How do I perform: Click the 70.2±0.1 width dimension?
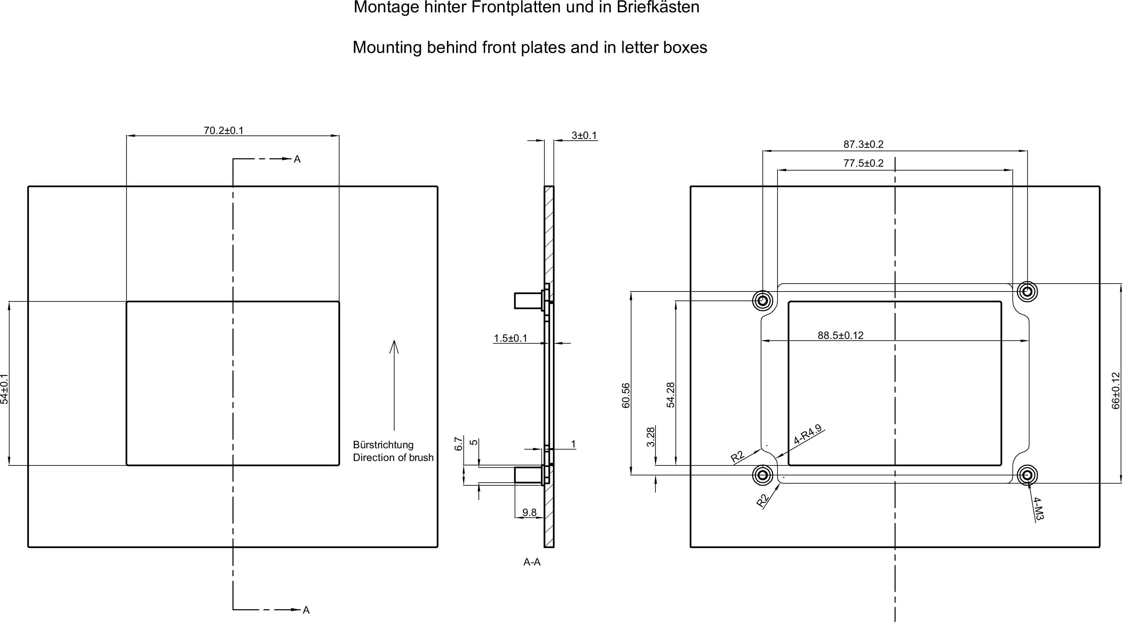pyautogui.click(x=223, y=130)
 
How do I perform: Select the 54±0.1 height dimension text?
pyautogui.click(x=4, y=389)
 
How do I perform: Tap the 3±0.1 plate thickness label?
pyautogui.click(x=584, y=135)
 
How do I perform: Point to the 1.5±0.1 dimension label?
pyautogui.click(x=510, y=338)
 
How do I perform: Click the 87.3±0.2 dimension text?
pyautogui.click(x=863, y=144)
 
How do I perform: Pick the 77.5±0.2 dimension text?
pyautogui.click(x=863, y=164)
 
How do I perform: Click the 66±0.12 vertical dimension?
pyautogui.click(x=1116, y=390)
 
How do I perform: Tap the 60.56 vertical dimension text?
pyautogui.click(x=626, y=395)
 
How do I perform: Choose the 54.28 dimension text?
pyautogui.click(x=671, y=395)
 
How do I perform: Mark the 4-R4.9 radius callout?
pyautogui.click(x=808, y=434)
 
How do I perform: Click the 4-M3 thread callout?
pyautogui.click(x=1038, y=509)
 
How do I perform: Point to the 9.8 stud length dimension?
pyautogui.click(x=529, y=512)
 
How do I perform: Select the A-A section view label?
pyautogui.click(x=532, y=562)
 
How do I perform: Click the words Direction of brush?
pyautogui.click(x=393, y=458)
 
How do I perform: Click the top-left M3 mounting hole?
pyautogui.click(x=763, y=300)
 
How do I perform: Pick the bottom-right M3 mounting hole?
pyautogui.click(x=1027, y=475)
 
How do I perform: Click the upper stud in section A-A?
pyautogui.click(x=527, y=300)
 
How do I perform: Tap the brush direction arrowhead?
pyautogui.click(x=394, y=346)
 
